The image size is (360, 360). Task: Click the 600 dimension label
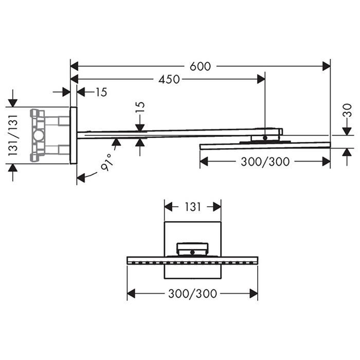coord(200,66)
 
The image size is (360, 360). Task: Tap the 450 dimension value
coord(169,79)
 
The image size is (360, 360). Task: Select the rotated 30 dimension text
coord(348,111)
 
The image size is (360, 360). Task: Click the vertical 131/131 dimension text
coord(13,135)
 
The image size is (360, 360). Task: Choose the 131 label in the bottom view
coord(193,207)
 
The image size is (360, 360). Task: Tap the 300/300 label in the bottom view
coord(192,294)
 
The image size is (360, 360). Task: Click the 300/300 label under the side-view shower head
coord(265,161)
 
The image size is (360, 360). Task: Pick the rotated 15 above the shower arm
coord(140,107)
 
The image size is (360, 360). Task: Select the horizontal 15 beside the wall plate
coord(101,92)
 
